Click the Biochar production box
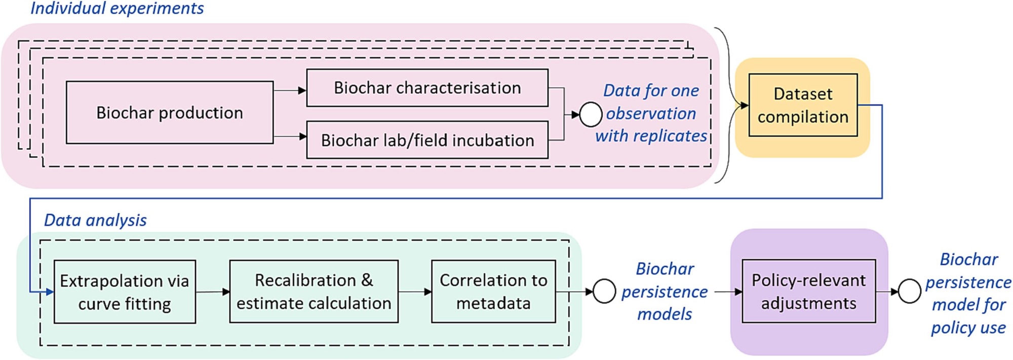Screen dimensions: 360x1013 170,112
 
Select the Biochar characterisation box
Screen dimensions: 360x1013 427,88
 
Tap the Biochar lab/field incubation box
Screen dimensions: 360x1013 427,140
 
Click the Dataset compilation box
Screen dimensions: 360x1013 803,105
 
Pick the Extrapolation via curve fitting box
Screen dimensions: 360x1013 125,292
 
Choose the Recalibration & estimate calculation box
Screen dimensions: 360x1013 314,292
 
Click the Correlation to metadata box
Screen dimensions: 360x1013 493,292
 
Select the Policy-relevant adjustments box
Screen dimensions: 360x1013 808,292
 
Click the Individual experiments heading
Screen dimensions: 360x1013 117,9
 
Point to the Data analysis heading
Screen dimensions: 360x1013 95,220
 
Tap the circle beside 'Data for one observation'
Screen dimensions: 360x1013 590,114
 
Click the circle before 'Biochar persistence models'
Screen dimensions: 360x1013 604,292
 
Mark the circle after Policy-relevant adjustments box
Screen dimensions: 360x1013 909,292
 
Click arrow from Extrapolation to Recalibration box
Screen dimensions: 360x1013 213,292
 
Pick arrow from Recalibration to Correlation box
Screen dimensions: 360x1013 415,292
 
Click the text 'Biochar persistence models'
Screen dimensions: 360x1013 665,292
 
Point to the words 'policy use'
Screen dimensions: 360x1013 968,328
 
